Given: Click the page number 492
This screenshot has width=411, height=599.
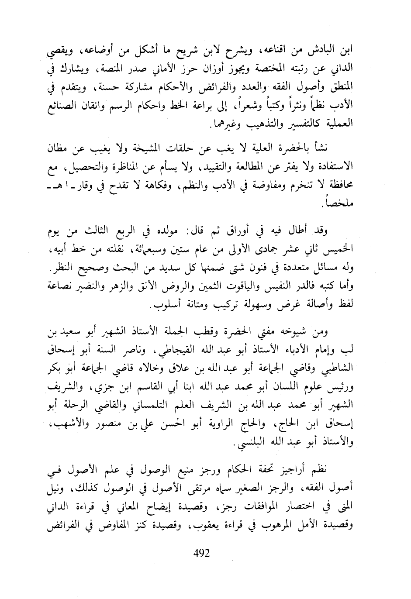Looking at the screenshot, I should coord(201,554).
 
